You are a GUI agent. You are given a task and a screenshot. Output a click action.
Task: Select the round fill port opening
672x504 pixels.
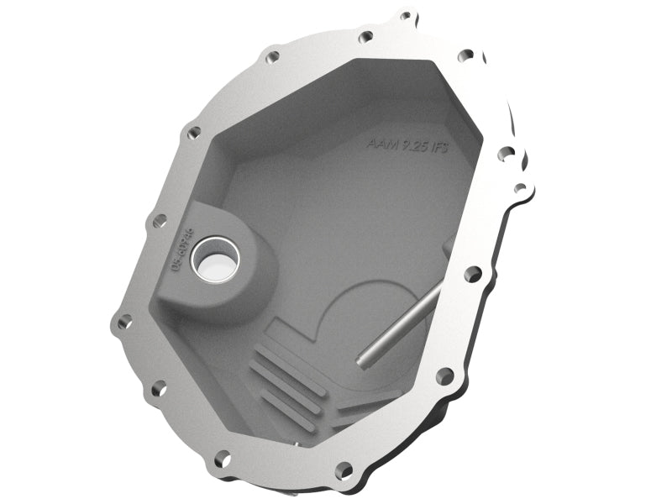(214, 258)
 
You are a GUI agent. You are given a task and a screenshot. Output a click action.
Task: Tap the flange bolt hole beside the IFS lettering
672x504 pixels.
(507, 154)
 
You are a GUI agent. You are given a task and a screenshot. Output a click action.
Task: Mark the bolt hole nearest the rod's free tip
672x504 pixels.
(444, 374)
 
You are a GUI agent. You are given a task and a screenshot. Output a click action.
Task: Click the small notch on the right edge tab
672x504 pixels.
(520, 187)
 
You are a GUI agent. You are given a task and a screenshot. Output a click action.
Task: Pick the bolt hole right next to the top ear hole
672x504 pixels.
(365, 37)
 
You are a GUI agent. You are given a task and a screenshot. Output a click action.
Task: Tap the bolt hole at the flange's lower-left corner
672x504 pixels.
(157, 387)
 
